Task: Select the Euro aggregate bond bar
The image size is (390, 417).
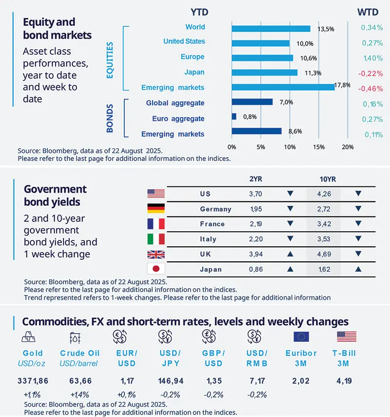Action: pyautogui.click(x=234, y=117)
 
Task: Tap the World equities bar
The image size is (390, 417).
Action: pyautogui.click(x=271, y=28)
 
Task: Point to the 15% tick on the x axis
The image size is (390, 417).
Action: pyautogui.click(x=318, y=147)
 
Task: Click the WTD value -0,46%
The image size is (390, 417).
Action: pyautogui.click(x=370, y=89)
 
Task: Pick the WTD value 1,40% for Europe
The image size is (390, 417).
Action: pyautogui.click(x=372, y=58)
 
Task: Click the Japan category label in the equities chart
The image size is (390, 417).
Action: pyautogui.click(x=195, y=72)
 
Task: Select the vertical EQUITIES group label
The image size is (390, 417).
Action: pyautogui.click(x=110, y=60)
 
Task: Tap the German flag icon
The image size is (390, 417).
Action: pyautogui.click(x=156, y=209)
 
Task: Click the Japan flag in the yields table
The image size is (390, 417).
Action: pyautogui.click(x=156, y=269)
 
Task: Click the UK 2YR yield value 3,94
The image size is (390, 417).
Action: pyautogui.click(x=255, y=254)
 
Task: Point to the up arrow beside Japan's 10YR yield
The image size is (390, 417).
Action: pyautogui.click(x=358, y=269)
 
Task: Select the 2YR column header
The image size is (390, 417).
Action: pyautogui.click(x=255, y=179)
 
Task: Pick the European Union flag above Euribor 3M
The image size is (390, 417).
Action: pyautogui.click(x=301, y=337)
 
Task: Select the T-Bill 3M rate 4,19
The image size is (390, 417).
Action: pyautogui.click(x=347, y=380)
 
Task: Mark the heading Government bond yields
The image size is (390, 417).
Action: pyautogui.click(x=56, y=195)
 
